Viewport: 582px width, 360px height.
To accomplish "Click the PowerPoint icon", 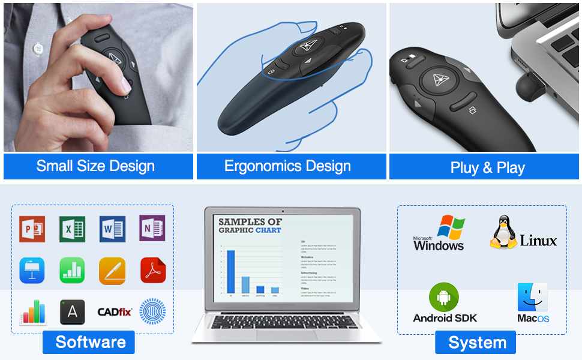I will coord(32,229).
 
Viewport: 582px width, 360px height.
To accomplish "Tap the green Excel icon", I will coord(72,229).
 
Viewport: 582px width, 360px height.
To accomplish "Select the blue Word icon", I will coord(113,229).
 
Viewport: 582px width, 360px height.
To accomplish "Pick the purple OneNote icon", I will coord(152,229).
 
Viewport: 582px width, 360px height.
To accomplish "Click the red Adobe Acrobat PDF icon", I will coord(152,271).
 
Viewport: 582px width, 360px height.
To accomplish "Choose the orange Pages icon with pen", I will coord(112,271).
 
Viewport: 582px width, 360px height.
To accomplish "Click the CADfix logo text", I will coord(115,312).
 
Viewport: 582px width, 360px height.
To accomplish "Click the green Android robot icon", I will coord(444,297).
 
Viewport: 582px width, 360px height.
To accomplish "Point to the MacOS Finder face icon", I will coord(532,298).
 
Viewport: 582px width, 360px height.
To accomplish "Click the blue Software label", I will coord(91,342).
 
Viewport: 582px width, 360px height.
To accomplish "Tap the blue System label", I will coord(478,343).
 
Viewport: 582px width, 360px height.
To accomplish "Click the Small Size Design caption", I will coord(96,166).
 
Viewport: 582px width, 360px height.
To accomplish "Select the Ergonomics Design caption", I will coord(287,166).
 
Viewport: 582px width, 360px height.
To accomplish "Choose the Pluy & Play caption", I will coord(487,167).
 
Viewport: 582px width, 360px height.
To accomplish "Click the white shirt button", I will coord(38,47).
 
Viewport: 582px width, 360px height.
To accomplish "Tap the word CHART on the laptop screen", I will coord(268,230).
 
